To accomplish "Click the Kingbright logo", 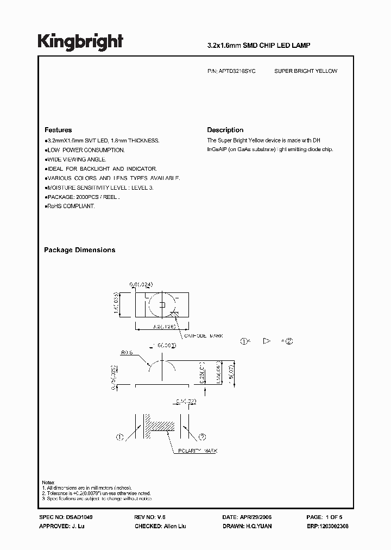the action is pyautogui.click(x=80, y=42).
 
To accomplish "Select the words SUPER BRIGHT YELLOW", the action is pyautogui.click(x=306, y=71).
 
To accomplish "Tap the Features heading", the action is pyautogui.click(x=58, y=130).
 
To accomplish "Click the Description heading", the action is pyautogui.click(x=225, y=130).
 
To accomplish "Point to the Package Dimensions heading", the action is pyautogui.click(x=79, y=250).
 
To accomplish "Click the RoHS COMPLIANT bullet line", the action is pyautogui.click(x=71, y=207).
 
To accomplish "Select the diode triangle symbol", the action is pyautogui.click(x=266, y=341).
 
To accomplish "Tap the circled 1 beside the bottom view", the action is pyautogui.click(x=120, y=436).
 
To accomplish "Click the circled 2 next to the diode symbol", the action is pyautogui.click(x=289, y=341).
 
